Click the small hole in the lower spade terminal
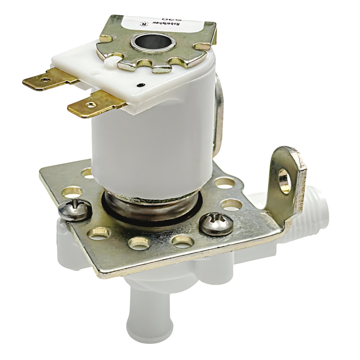click(90, 104)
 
